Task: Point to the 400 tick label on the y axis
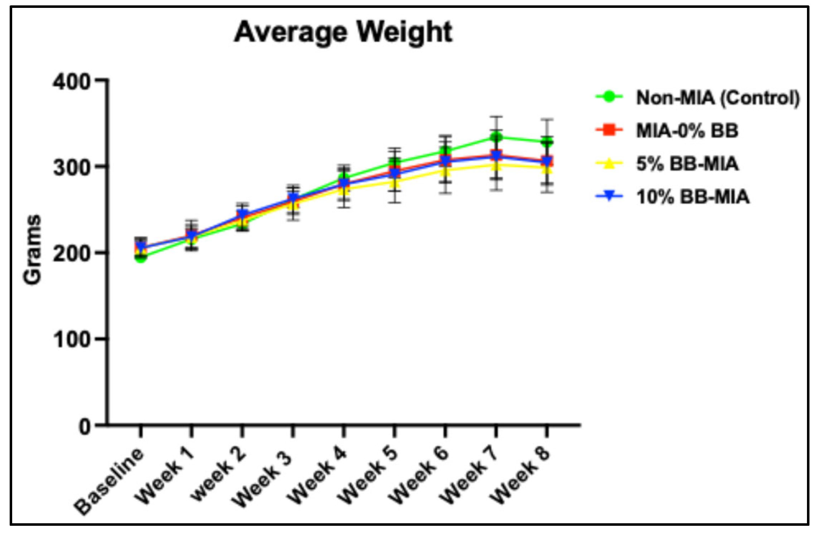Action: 71,82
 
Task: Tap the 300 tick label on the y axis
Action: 71,167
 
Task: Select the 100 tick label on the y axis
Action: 71,340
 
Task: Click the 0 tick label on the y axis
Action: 84,427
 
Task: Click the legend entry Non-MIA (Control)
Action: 717,98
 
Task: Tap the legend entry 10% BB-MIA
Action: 692,197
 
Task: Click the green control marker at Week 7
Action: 496,137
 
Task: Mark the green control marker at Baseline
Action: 141,257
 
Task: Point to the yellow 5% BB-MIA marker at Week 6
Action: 445,169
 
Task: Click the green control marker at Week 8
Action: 547,142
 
